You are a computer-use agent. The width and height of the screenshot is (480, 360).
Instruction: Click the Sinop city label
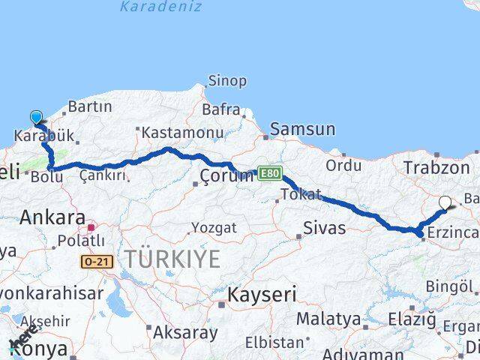tap(226, 81)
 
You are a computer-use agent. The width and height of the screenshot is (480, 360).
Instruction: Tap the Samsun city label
tap(302, 129)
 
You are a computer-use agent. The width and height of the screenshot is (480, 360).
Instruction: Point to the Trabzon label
tap(436, 168)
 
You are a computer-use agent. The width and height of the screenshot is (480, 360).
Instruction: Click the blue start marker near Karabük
tap(36, 117)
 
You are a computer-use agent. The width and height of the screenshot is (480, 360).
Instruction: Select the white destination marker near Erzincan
tap(445, 202)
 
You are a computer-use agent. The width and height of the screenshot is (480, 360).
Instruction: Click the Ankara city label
tap(52, 217)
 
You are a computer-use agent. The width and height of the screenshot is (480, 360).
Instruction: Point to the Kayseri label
tap(262, 293)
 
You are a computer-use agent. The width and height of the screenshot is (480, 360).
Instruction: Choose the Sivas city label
tap(324, 227)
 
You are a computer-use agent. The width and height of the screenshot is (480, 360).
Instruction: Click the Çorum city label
tap(227, 175)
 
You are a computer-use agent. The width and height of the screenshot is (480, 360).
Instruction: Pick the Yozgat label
tap(214, 227)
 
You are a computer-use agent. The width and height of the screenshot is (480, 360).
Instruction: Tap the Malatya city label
tap(328, 319)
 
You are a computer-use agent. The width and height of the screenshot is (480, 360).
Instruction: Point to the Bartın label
tap(89, 106)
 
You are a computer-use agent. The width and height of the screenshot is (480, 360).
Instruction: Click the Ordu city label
tap(343, 165)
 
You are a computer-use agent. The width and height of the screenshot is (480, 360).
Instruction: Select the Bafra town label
tap(220, 110)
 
